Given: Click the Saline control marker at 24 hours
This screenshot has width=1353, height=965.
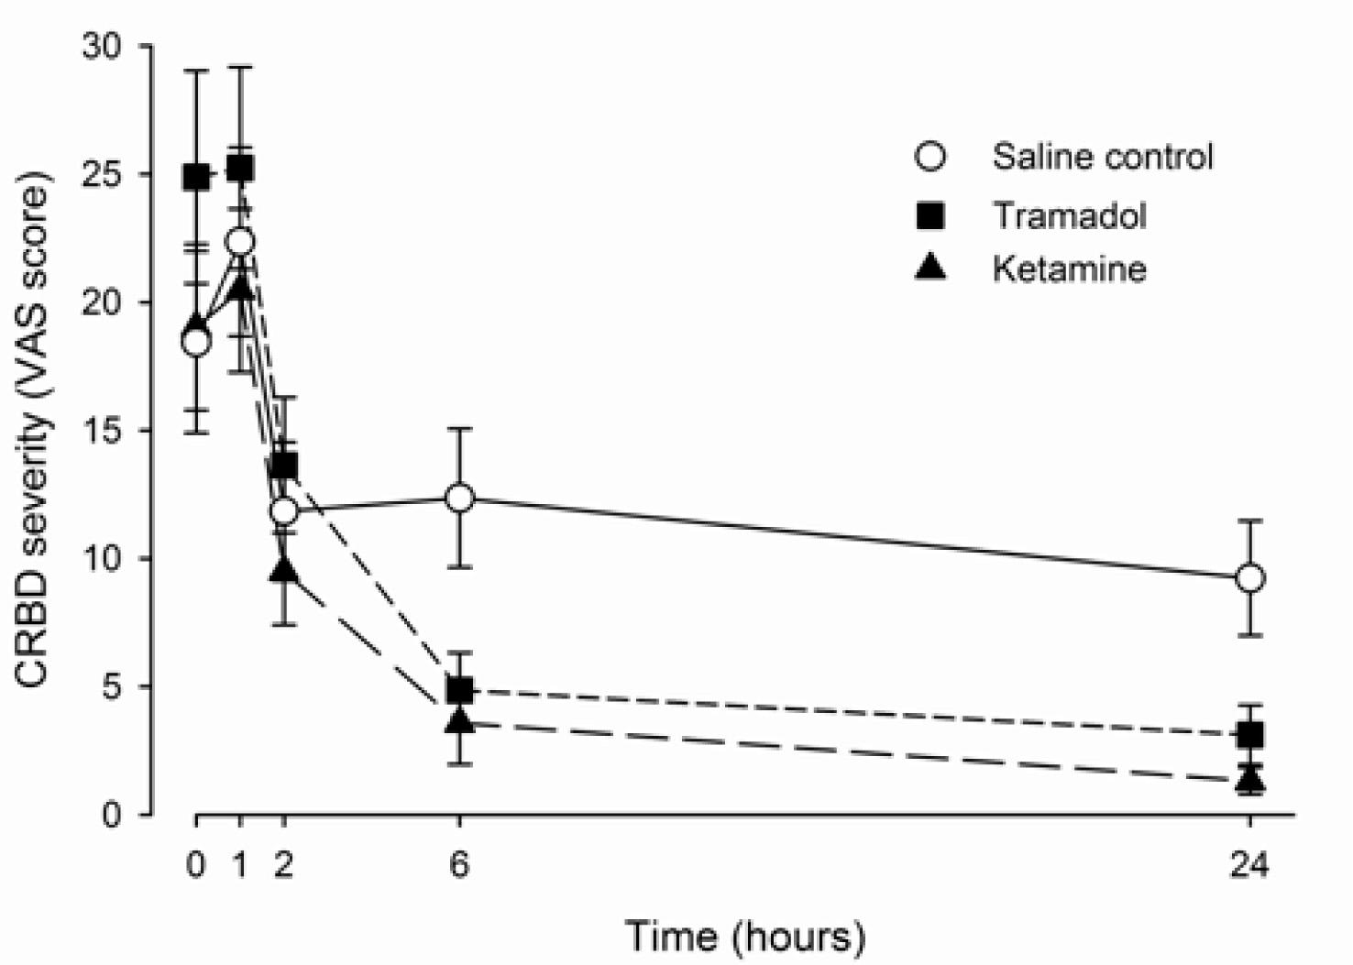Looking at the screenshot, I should point(1249,578).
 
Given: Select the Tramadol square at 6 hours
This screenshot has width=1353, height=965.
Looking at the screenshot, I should point(459,689).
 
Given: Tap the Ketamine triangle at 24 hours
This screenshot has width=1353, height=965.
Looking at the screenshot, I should point(1249,781).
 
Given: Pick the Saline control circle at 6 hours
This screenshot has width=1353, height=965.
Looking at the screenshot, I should point(459,498).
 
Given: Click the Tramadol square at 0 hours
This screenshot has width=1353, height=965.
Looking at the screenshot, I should point(196,177).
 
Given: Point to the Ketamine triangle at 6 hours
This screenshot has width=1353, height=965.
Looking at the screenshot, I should point(459,721).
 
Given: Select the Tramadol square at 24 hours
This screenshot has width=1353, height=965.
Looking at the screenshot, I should point(1249,735).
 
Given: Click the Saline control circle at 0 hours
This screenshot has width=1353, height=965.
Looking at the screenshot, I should point(196,342).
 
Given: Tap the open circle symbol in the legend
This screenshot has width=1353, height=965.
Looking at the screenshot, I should point(930,157).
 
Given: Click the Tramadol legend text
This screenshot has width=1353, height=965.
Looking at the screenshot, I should point(1069,215).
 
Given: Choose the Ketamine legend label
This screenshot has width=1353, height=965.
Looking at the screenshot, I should point(1069,269).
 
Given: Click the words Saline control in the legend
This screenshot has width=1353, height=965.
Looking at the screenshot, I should point(1102,157).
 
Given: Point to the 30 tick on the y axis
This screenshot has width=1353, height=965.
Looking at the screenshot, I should point(104,46).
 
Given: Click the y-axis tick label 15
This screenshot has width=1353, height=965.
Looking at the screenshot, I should point(104,431).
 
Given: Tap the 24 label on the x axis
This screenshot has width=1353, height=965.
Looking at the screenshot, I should point(1249,865).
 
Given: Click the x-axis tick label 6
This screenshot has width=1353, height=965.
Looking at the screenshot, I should point(459,865).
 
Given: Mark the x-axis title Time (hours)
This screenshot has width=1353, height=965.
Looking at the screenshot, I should point(744,937).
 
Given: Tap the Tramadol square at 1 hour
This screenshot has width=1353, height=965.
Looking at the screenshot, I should point(240,169).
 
